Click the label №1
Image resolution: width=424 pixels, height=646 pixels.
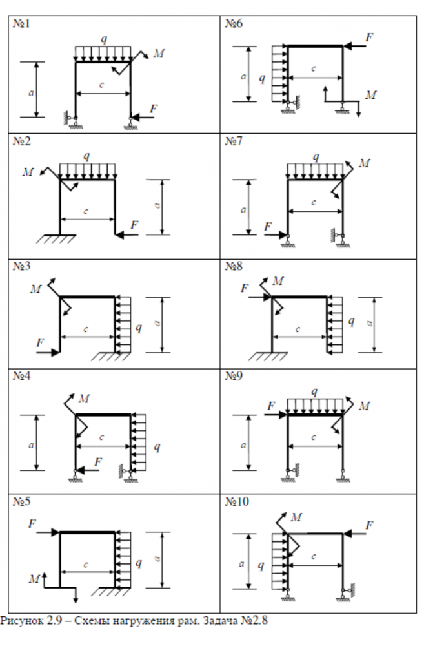pyautogui.click(x=22, y=24)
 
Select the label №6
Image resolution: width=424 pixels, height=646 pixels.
pyautogui.click(x=234, y=24)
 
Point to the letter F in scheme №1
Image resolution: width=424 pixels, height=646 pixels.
pyautogui.click(x=154, y=109)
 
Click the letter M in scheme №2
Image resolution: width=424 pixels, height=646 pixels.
pyautogui.click(x=27, y=172)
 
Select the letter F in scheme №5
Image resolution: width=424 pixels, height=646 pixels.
pyautogui.click(x=31, y=524)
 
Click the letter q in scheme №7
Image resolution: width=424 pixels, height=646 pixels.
pyautogui.click(x=316, y=157)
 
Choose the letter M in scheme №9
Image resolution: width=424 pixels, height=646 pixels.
pyautogui.click(x=365, y=406)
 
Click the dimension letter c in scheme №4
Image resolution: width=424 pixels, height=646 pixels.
pyautogui.click(x=102, y=437)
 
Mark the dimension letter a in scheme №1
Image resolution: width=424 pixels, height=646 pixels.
pyautogui.click(x=32, y=92)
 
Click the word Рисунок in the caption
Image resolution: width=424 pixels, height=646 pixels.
pyautogui.click(x=20, y=621)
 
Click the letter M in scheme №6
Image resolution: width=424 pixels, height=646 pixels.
pyautogui.click(x=370, y=95)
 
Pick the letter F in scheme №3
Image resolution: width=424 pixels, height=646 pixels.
pyautogui.click(x=40, y=342)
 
